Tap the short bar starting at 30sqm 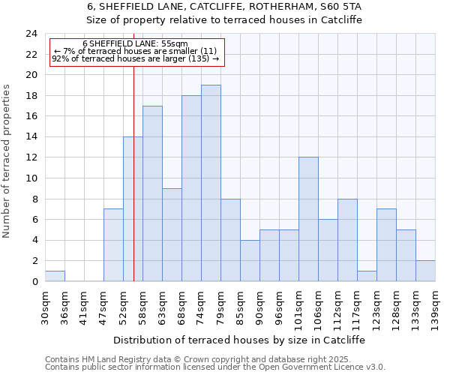pyautogui.click(x=55, y=276)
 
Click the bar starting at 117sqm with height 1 pyautogui.click(x=367, y=276)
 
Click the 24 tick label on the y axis pyautogui.click(x=31, y=34)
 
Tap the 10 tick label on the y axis pyautogui.click(x=31, y=178)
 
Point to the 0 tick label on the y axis pyautogui.click(x=34, y=282)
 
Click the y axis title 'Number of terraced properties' pyautogui.click(x=7, y=161)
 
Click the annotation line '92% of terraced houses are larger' pyautogui.click(x=135, y=58)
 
